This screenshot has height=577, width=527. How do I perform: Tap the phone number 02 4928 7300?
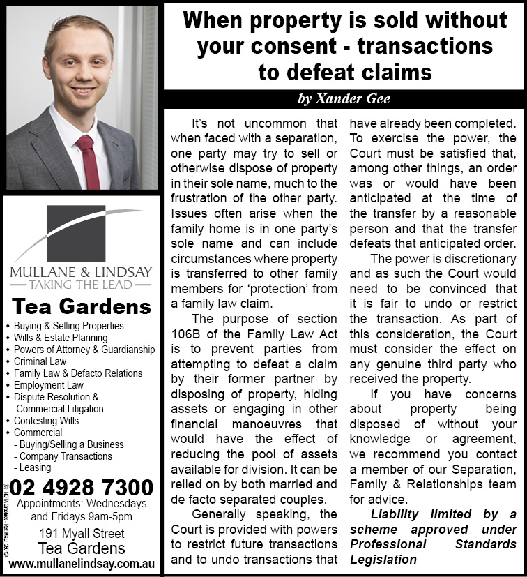[82, 486]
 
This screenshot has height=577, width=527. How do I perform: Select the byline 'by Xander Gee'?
[344, 99]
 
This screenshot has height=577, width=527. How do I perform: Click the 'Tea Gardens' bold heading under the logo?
[82, 306]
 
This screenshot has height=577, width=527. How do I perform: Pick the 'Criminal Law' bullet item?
[40, 361]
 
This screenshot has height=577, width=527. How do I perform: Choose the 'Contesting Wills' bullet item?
[47, 421]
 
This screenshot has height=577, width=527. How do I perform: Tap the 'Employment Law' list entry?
[48, 385]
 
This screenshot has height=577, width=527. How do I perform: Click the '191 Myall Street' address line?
[82, 534]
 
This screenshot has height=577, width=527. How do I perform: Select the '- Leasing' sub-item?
[32, 468]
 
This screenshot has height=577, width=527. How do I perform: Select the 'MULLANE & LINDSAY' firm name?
[81, 271]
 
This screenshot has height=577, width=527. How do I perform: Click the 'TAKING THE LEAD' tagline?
[81, 285]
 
